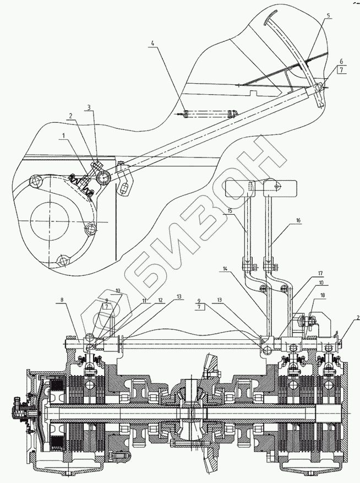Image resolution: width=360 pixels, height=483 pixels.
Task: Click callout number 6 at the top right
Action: pyautogui.click(x=341, y=61)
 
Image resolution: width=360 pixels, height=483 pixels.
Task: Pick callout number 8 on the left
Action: pyautogui.click(x=62, y=300)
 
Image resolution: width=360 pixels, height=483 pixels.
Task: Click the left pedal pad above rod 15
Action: pyautogui.click(x=250, y=188)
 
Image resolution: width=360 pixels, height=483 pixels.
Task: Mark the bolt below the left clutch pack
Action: pyautogui.click(x=117, y=456)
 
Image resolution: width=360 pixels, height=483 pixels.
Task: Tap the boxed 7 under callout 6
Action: pyautogui.click(x=341, y=71)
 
